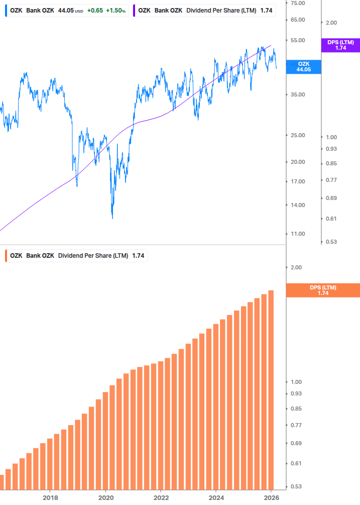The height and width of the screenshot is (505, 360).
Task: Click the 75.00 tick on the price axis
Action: (298, 3)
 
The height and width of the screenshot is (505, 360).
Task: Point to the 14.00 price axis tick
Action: (298, 205)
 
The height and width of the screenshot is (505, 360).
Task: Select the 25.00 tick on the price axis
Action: (298, 135)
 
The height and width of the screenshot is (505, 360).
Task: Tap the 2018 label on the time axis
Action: (50, 497)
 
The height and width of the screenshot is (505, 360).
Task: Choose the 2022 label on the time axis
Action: (161, 497)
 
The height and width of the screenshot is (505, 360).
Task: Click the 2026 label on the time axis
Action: (271, 497)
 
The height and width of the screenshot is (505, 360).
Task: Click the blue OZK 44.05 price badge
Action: (304, 67)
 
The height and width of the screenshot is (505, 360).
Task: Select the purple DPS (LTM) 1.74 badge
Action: (340, 45)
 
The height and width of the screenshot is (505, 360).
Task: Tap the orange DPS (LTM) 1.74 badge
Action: (323, 290)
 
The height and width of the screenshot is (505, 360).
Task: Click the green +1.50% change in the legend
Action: (116, 10)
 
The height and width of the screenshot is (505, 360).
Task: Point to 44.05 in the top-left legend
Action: (66, 10)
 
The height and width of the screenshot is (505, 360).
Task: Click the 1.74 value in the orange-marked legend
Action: (138, 256)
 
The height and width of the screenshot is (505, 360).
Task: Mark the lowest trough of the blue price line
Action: (112, 218)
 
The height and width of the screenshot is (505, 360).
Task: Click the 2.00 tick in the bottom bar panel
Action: (296, 267)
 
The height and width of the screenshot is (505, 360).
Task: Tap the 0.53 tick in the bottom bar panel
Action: (296, 486)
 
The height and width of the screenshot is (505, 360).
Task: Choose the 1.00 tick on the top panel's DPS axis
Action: (331, 137)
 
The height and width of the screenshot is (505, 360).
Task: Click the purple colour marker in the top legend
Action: (135, 10)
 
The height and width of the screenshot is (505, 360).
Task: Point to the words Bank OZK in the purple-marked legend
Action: (168, 10)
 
